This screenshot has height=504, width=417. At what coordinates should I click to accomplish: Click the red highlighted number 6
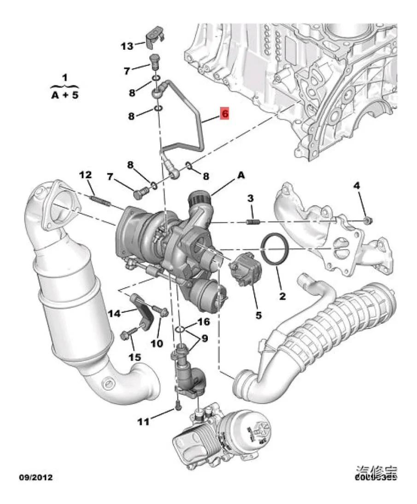pos(225,114)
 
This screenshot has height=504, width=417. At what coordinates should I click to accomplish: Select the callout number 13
pos(127,46)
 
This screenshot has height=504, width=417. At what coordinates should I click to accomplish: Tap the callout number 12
pos(85,175)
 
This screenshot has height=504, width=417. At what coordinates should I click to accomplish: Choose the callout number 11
pos(144,421)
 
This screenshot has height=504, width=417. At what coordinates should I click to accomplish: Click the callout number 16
pos(204,322)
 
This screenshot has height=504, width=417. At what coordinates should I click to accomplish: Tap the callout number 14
pos(114,314)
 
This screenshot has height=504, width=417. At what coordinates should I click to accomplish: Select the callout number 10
pos(157,343)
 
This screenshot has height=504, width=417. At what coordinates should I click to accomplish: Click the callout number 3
pos(250,199)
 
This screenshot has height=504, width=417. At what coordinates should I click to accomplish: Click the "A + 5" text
pos(65,96)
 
